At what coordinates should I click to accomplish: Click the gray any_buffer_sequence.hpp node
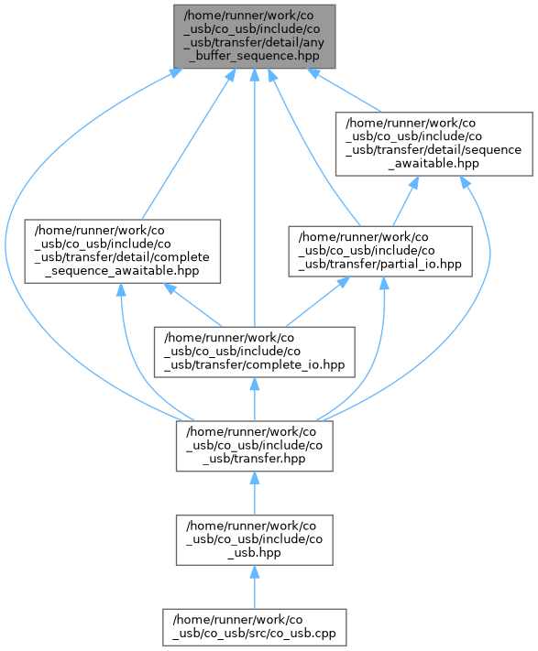[254, 37]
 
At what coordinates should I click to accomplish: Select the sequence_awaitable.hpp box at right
[434, 144]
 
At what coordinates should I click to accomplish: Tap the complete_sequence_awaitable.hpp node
[123, 252]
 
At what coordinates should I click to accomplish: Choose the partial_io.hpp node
[380, 252]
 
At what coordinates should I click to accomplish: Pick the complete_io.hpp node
[255, 353]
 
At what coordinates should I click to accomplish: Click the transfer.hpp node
[255, 446]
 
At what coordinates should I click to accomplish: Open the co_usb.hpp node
[255, 539]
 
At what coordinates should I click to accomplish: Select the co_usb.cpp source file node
[254, 627]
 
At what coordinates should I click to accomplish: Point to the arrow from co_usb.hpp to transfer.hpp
[255, 494]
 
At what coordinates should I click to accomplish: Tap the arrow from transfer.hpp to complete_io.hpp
[255, 399]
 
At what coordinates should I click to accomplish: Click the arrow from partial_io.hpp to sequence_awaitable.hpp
[405, 201]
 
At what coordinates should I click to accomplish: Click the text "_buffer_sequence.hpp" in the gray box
[254, 56]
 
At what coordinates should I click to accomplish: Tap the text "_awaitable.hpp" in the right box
[434, 163]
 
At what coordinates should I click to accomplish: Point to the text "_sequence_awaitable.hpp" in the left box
[122, 271]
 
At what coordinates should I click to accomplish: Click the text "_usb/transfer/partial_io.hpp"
[380, 265]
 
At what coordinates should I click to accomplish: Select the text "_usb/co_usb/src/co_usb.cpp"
[254, 634]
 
